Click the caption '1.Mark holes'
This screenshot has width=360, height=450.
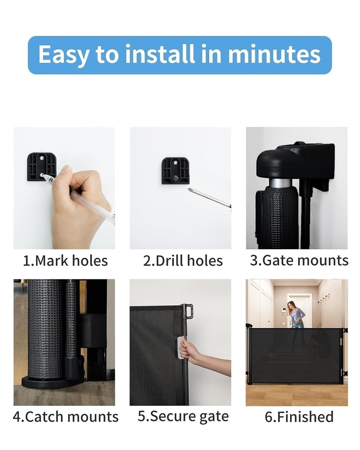pyautogui.click(x=65, y=261)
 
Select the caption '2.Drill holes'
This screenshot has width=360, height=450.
pyautogui.click(x=183, y=261)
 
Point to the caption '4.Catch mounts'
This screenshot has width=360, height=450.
pyautogui.click(x=65, y=417)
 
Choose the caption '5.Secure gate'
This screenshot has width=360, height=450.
pyautogui.click(x=183, y=416)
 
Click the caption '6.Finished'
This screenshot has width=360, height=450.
pyautogui.click(x=299, y=417)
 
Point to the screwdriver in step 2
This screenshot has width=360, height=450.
pyautogui.click(x=209, y=197)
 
